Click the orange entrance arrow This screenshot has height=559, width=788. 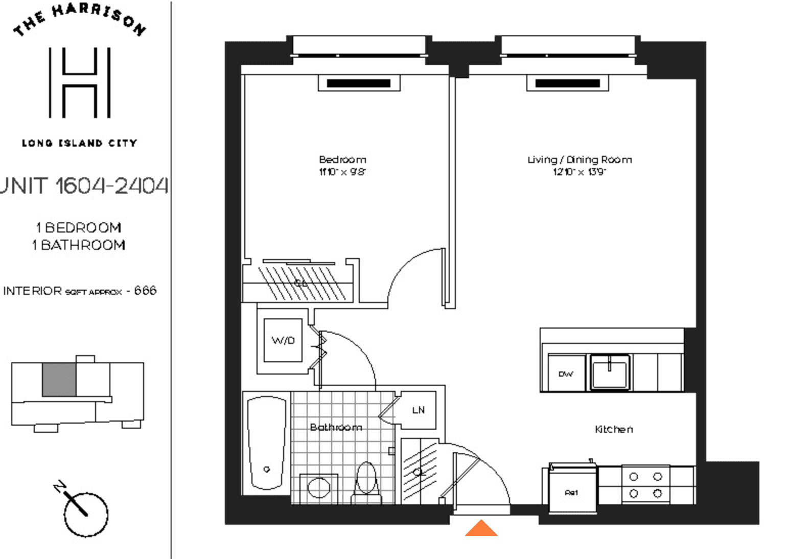click(x=481, y=529)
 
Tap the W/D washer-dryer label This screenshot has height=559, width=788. click(x=283, y=340)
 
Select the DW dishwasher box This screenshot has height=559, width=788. click(x=566, y=374)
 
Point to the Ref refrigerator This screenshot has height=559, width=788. click(x=572, y=492)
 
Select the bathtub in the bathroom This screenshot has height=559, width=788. click(x=266, y=443)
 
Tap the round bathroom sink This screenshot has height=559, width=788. click(x=318, y=487)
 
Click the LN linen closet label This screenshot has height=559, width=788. click(x=418, y=410)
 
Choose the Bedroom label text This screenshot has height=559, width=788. click(x=342, y=159)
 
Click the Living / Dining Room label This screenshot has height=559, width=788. click(x=580, y=159)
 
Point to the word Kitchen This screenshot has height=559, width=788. click(x=614, y=429)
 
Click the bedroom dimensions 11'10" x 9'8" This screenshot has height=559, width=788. click(x=342, y=172)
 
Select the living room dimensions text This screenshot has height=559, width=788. click(x=580, y=172)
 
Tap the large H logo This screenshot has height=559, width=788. click(x=80, y=83)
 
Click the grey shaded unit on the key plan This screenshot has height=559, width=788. click(x=59, y=379)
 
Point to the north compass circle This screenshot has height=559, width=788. click(x=86, y=514)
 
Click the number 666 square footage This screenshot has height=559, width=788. click(x=145, y=291)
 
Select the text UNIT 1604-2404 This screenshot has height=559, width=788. click(x=84, y=186)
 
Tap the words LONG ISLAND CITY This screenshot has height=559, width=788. click(x=79, y=143)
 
